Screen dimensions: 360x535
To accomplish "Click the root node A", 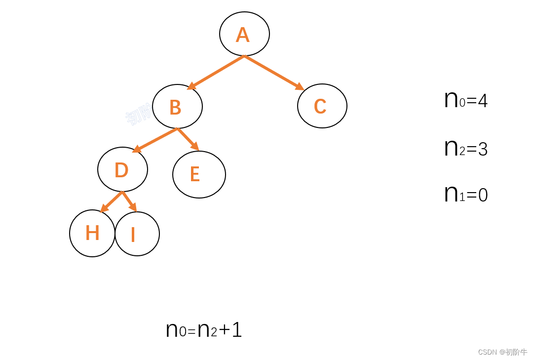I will point(244,34).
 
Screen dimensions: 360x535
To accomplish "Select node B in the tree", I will point(177,106).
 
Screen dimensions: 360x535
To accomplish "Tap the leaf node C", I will point(322,106).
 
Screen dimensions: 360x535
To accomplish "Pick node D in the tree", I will point(122,169).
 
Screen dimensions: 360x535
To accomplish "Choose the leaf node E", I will point(199,174).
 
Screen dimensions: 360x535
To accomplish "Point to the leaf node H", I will point(92,233).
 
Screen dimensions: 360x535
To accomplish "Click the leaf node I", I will point(137,234).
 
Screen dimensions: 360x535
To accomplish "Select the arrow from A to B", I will point(216,73).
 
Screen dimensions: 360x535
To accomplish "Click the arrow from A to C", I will point(274,73).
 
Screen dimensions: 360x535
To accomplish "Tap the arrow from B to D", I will point(154,140).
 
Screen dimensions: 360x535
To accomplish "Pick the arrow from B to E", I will point(188,139).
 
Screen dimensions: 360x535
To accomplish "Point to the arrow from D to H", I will point(111,202).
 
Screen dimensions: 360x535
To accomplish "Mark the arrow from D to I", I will point(129,201).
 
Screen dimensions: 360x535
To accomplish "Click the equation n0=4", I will point(465,100).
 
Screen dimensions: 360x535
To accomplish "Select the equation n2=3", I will point(465,148).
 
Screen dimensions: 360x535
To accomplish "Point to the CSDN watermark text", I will point(502,352).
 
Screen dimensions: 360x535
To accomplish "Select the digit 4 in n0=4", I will point(483,101).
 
